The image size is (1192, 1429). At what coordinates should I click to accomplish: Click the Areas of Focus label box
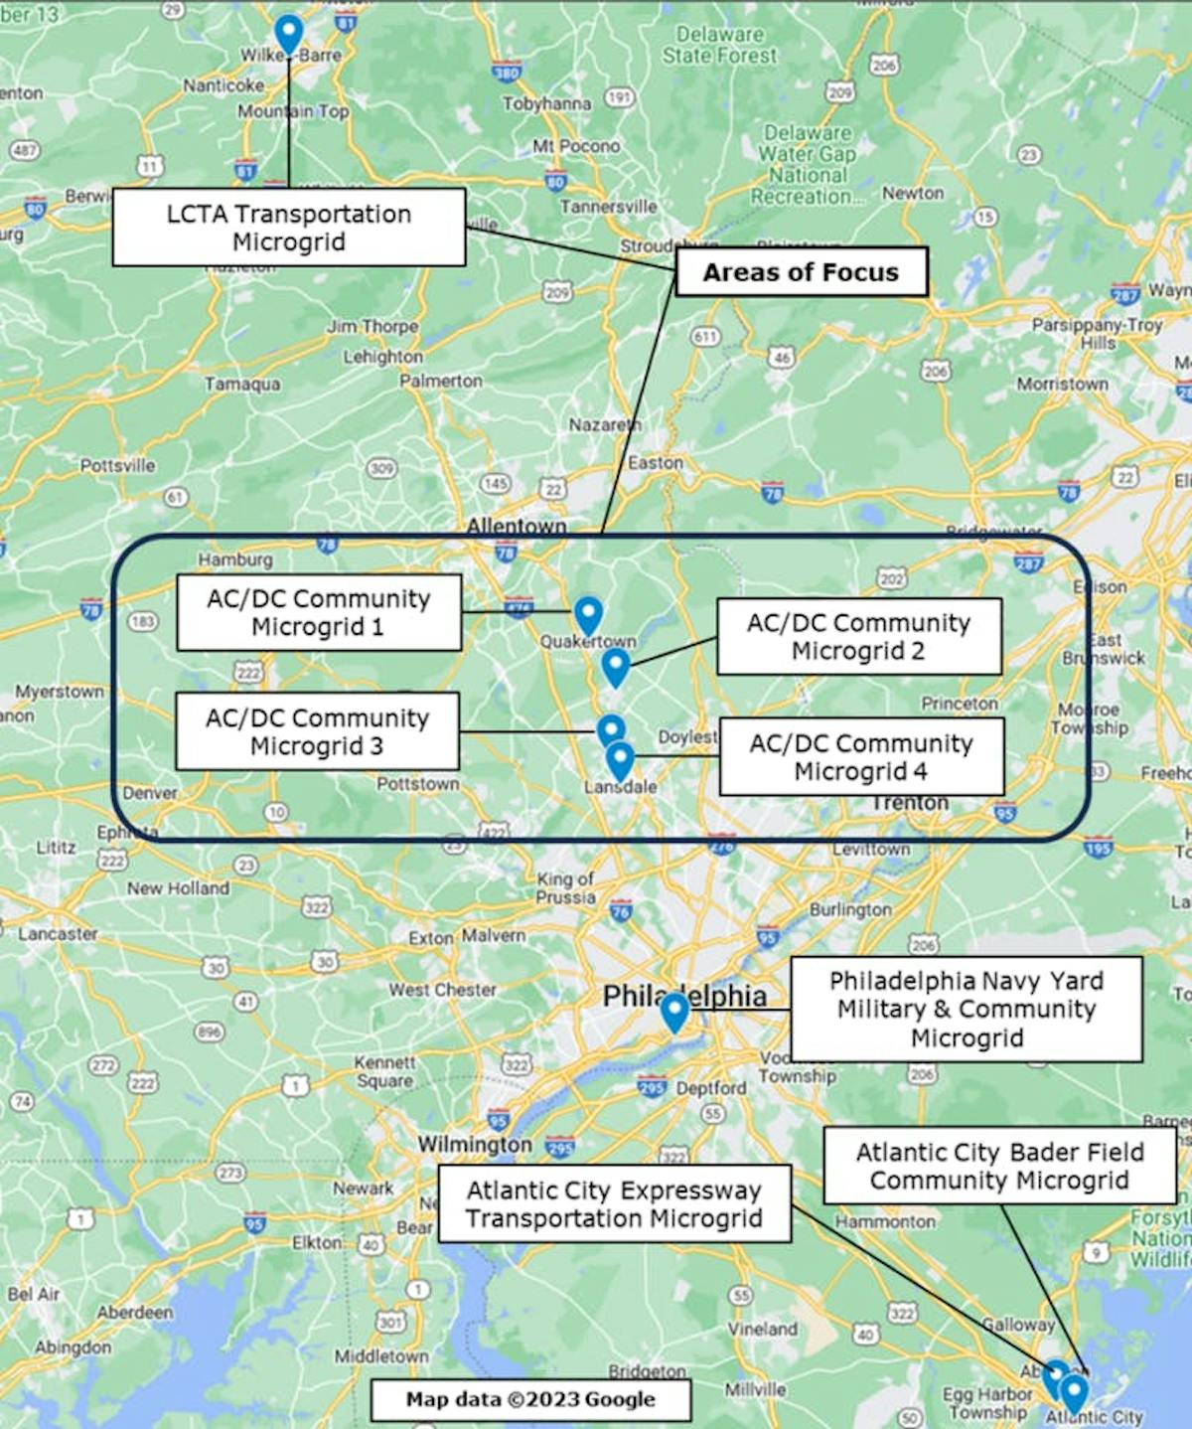[801, 272]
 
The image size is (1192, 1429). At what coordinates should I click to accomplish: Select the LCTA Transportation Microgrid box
[288, 228]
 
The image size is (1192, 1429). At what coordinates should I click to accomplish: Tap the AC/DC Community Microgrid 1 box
[319, 612]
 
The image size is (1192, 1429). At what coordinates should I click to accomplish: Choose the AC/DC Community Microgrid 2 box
[858, 636]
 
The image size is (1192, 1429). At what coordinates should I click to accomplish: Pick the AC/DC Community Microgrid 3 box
[317, 731]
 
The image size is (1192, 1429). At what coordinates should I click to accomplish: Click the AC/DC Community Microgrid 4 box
[861, 757]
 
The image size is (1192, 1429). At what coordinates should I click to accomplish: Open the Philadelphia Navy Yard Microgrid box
[967, 1009]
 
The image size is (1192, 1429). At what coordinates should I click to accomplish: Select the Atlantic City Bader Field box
[999, 1166]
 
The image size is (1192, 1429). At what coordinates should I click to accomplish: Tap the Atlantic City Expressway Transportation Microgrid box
[614, 1203]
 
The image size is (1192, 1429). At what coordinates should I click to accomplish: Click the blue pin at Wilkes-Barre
[288, 32]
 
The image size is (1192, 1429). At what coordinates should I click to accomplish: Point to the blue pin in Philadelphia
[674, 1011]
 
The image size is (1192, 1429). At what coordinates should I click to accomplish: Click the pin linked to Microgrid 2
[615, 666]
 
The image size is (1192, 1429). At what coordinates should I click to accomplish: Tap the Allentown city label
[517, 526]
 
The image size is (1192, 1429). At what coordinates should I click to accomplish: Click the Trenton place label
[910, 803]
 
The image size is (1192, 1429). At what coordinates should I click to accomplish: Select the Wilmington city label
[475, 1145]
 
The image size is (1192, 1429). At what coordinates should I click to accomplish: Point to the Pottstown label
[417, 783]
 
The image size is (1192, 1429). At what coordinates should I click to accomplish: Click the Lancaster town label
[58, 934]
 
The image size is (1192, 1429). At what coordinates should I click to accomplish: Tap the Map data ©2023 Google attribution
[530, 1400]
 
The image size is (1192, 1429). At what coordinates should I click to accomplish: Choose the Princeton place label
[959, 704]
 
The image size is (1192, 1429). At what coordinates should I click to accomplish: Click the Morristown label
[1062, 384]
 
